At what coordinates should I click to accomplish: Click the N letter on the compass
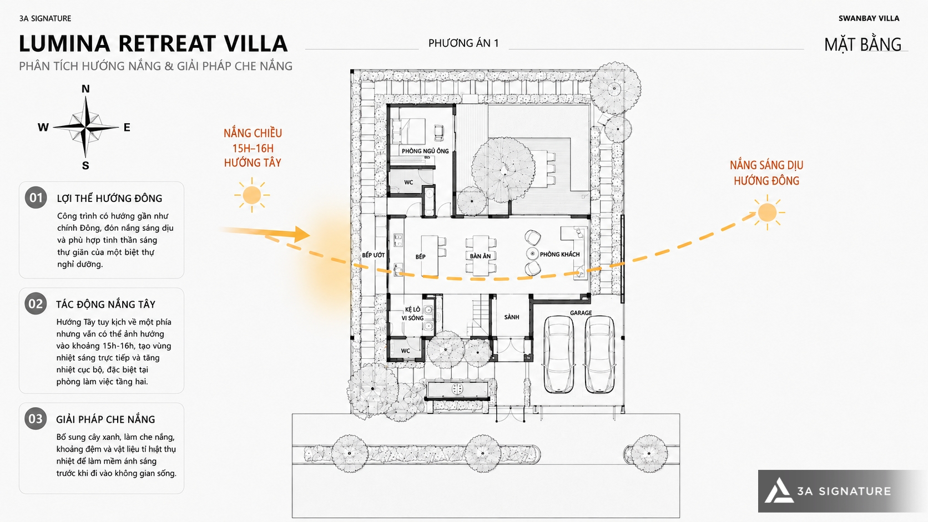pyautogui.click(x=85, y=89)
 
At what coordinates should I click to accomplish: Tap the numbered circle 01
pyautogui.click(x=36, y=197)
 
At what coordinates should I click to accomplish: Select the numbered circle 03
pyautogui.click(x=36, y=418)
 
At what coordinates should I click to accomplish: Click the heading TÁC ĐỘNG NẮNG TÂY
pyautogui.click(x=105, y=304)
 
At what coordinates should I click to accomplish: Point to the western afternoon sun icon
pyautogui.click(x=252, y=195)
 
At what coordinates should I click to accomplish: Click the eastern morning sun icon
pyautogui.click(x=767, y=213)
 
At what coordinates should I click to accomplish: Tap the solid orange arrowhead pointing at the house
pyautogui.click(x=301, y=234)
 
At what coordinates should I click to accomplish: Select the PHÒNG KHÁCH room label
pyautogui.click(x=559, y=254)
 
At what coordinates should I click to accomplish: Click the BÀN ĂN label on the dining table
pyautogui.click(x=480, y=256)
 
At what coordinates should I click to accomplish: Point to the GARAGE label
pyautogui.click(x=581, y=313)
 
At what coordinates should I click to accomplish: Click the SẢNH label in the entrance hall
pyautogui.click(x=512, y=317)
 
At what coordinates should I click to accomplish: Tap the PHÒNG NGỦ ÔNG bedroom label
pyautogui.click(x=425, y=151)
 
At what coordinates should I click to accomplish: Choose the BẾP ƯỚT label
pyautogui.click(x=374, y=255)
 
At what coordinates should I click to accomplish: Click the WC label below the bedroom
pyautogui.click(x=408, y=182)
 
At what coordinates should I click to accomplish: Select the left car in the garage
pyautogui.click(x=559, y=354)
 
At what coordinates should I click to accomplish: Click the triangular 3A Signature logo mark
pyautogui.click(x=779, y=491)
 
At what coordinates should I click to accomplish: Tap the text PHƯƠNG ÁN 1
pyautogui.click(x=463, y=43)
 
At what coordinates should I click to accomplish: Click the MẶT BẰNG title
pyautogui.click(x=863, y=45)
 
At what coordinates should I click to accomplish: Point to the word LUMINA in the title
pyautogui.click(x=64, y=43)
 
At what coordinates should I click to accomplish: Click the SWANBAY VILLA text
pyautogui.click(x=869, y=18)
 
